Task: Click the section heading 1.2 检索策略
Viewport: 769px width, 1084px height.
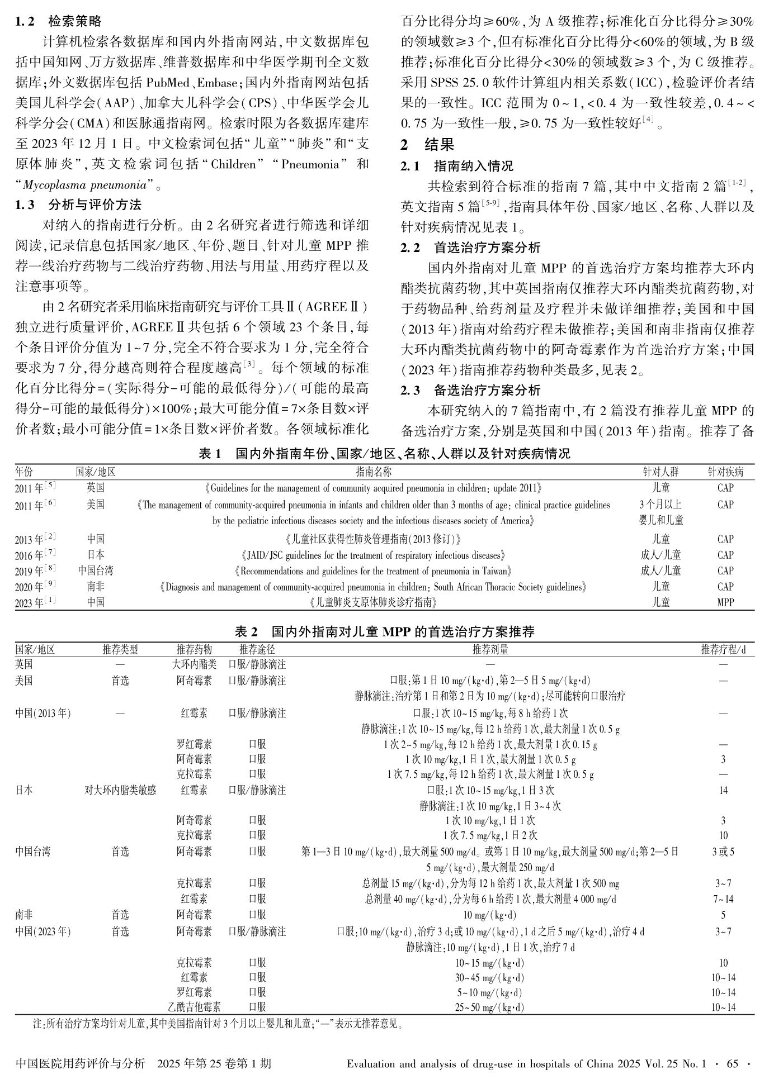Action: [59, 22]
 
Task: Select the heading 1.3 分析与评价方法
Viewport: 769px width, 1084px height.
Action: [78, 205]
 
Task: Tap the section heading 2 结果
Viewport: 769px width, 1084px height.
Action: [427, 145]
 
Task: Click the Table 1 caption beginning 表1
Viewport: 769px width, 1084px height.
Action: [384, 454]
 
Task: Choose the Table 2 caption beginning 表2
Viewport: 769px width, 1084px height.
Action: [384, 632]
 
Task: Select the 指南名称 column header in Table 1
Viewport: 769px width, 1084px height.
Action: [374, 472]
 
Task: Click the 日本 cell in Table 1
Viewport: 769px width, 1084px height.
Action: [96, 555]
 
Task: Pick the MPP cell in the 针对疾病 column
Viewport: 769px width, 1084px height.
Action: [725, 602]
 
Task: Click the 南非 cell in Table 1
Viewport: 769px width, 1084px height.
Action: [96, 587]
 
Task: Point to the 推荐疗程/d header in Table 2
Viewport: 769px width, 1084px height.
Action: [723, 649]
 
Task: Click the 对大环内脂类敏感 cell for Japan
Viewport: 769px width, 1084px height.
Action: [120, 790]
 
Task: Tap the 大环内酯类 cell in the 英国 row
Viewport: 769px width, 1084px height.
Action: [194, 665]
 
